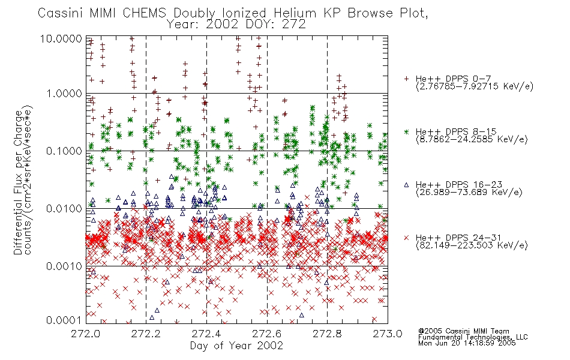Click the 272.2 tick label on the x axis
(146, 334)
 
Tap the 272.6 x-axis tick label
(267, 334)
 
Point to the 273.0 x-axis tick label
(388, 334)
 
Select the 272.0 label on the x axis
(86, 334)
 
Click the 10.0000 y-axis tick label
(61, 38)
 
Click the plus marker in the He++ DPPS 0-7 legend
(407, 79)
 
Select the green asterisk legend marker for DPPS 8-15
(407, 131)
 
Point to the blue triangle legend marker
(407, 185)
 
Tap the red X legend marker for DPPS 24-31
(407, 238)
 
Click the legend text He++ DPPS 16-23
(459, 185)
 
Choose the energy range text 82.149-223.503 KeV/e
(472, 245)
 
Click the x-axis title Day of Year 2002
(236, 346)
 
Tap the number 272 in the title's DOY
(293, 25)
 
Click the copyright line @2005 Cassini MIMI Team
(464, 331)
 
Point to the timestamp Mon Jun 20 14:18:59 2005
(467, 343)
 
